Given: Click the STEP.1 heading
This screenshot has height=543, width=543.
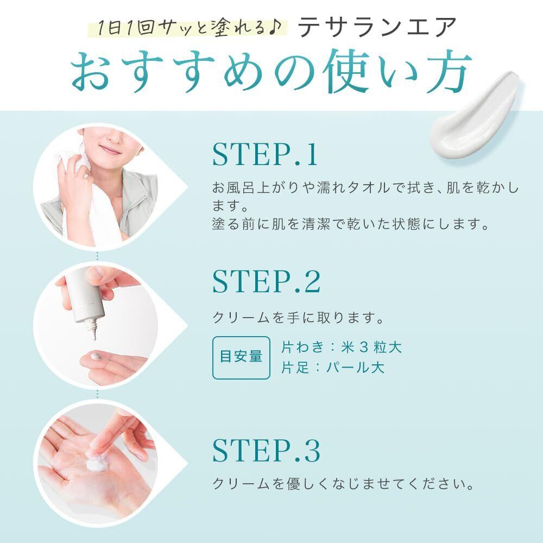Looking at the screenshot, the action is tap(265, 154).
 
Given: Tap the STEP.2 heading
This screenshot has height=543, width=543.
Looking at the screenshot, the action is tap(266, 281).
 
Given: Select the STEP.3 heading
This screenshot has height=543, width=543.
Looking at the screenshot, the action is tap(266, 450).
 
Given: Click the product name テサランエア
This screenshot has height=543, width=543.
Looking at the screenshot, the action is tap(377, 27).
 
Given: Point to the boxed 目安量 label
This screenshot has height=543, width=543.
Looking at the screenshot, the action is tap(241, 357).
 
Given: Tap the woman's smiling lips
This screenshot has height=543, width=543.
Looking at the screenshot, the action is tap(110, 150).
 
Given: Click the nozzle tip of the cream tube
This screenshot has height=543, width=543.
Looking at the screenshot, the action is tap(93, 336).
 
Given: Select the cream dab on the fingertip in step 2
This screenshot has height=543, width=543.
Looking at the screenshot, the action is tap(96, 356).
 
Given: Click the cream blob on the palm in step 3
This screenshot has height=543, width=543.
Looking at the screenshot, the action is tap(98, 462).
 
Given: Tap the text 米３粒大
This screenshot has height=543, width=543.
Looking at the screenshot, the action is tap(371, 348).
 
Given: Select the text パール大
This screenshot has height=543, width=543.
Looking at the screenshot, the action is tap(355, 368).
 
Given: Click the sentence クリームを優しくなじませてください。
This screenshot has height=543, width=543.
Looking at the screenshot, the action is tap(343, 484).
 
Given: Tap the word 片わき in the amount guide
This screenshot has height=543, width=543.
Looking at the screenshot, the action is tap(302, 348).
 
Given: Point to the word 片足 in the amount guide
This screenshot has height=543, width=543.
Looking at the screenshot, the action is tap(295, 368).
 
